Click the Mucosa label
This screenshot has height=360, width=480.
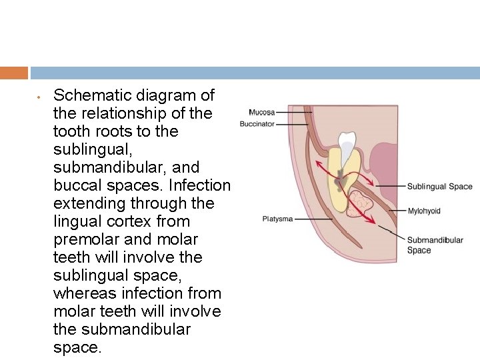(x=262, y=113)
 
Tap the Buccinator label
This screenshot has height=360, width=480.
(x=257, y=124)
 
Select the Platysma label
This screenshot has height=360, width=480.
(x=277, y=219)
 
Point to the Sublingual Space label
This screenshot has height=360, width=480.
(x=439, y=187)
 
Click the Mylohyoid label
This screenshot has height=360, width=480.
(x=424, y=211)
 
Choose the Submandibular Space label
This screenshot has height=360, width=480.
(x=435, y=245)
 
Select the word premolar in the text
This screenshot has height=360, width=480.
(x=82, y=239)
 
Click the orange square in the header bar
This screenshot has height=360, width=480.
(x=14, y=73)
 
